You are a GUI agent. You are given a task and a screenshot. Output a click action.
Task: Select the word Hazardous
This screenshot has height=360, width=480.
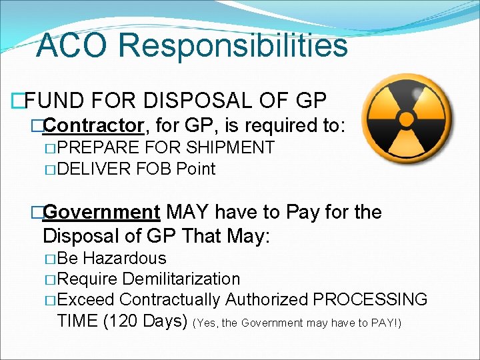coord(125,258)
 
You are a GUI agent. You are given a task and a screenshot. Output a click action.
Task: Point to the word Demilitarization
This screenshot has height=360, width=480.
coord(181,279)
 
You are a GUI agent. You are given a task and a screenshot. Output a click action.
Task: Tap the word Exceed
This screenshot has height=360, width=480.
coord(86,299)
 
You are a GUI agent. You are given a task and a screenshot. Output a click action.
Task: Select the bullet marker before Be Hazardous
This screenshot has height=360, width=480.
coord(49,259)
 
